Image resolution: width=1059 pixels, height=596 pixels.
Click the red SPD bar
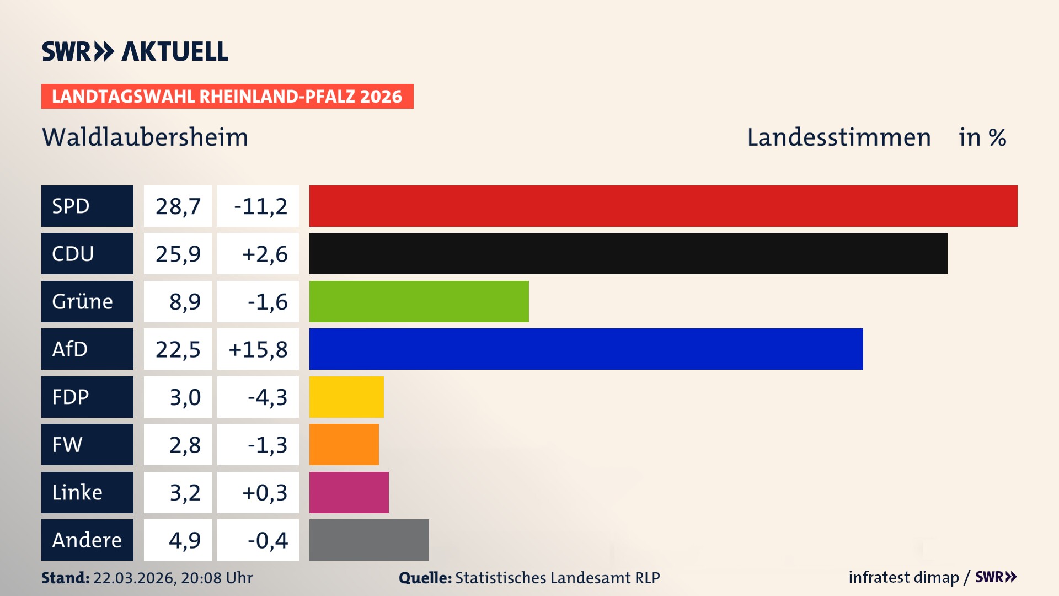663,206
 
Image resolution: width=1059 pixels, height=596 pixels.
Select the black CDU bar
628,254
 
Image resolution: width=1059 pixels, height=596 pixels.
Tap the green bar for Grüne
419,301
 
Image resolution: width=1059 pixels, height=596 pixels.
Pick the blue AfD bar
586,349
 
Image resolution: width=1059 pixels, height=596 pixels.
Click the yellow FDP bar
346,397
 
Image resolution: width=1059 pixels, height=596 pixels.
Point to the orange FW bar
344,444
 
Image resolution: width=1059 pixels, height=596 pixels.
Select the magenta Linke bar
349,492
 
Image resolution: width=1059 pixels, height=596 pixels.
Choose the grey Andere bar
369,540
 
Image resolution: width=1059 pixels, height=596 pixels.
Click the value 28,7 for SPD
178,206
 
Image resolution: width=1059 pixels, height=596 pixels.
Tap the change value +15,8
258,349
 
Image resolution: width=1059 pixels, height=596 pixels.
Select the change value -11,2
260,206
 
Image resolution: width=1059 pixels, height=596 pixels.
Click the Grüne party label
83,301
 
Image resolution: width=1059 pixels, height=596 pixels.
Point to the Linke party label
77,492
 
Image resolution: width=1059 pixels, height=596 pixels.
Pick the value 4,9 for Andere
184,540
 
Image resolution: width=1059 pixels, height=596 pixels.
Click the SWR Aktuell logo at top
135,51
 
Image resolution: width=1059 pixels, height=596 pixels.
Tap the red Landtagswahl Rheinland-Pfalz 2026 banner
227,97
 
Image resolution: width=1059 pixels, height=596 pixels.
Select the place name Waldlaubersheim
145,137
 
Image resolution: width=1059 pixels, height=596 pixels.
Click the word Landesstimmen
838,137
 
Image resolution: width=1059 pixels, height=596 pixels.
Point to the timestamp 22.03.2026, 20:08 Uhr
173,578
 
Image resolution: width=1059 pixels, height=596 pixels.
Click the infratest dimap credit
903,577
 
